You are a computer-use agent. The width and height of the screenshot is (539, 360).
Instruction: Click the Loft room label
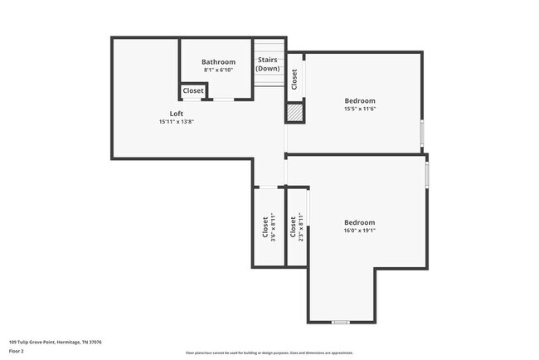[177, 113]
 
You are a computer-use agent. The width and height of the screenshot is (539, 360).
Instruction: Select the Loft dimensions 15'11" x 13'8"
[176, 121]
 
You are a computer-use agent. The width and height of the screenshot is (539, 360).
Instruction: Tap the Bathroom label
[218, 62]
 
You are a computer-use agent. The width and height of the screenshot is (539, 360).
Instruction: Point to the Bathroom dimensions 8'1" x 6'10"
[218, 71]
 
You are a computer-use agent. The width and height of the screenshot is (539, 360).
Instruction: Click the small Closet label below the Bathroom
[193, 90]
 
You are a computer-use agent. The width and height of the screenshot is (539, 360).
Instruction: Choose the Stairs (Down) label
[267, 64]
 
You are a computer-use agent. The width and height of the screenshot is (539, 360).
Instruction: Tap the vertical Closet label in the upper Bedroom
[294, 77]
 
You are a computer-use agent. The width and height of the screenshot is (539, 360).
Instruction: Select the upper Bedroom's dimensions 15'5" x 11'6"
[360, 109]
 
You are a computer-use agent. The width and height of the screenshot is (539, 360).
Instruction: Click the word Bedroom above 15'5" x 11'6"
[360, 101]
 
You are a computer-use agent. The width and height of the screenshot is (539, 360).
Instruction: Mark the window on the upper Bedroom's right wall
[422, 132]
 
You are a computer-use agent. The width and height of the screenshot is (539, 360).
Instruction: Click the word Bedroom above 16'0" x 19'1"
[360, 222]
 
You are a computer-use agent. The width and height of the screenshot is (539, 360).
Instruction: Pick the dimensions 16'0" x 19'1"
[360, 231]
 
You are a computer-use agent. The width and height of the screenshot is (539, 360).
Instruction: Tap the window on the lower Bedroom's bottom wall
[340, 322]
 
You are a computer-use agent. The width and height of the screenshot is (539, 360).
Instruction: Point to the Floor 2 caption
[17, 351]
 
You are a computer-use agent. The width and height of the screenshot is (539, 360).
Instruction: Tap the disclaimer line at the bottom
[269, 353]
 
